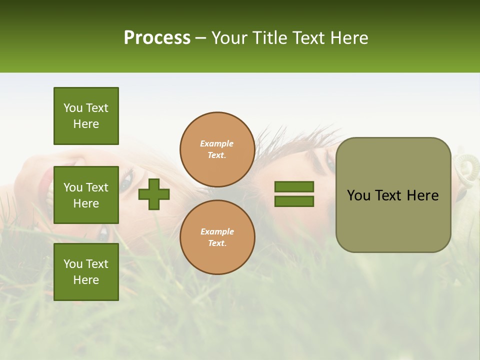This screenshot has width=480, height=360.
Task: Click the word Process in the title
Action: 157,38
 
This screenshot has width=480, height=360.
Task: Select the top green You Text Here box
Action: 86,116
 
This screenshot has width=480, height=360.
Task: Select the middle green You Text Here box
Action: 86,195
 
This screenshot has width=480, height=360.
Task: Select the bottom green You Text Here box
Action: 86,272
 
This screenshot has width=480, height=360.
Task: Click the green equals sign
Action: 294,194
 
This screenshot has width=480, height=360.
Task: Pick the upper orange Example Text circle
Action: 217,149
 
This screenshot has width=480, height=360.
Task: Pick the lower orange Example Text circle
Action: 217,237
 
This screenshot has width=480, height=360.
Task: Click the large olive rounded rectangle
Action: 393,220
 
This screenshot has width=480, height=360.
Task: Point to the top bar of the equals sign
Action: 294,187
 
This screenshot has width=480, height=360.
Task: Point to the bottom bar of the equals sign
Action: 294,201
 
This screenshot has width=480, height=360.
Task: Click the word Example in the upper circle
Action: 217,143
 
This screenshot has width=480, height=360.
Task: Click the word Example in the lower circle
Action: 217,231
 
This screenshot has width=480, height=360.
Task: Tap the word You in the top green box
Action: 73,108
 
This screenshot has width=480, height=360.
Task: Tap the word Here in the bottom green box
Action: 86,280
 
